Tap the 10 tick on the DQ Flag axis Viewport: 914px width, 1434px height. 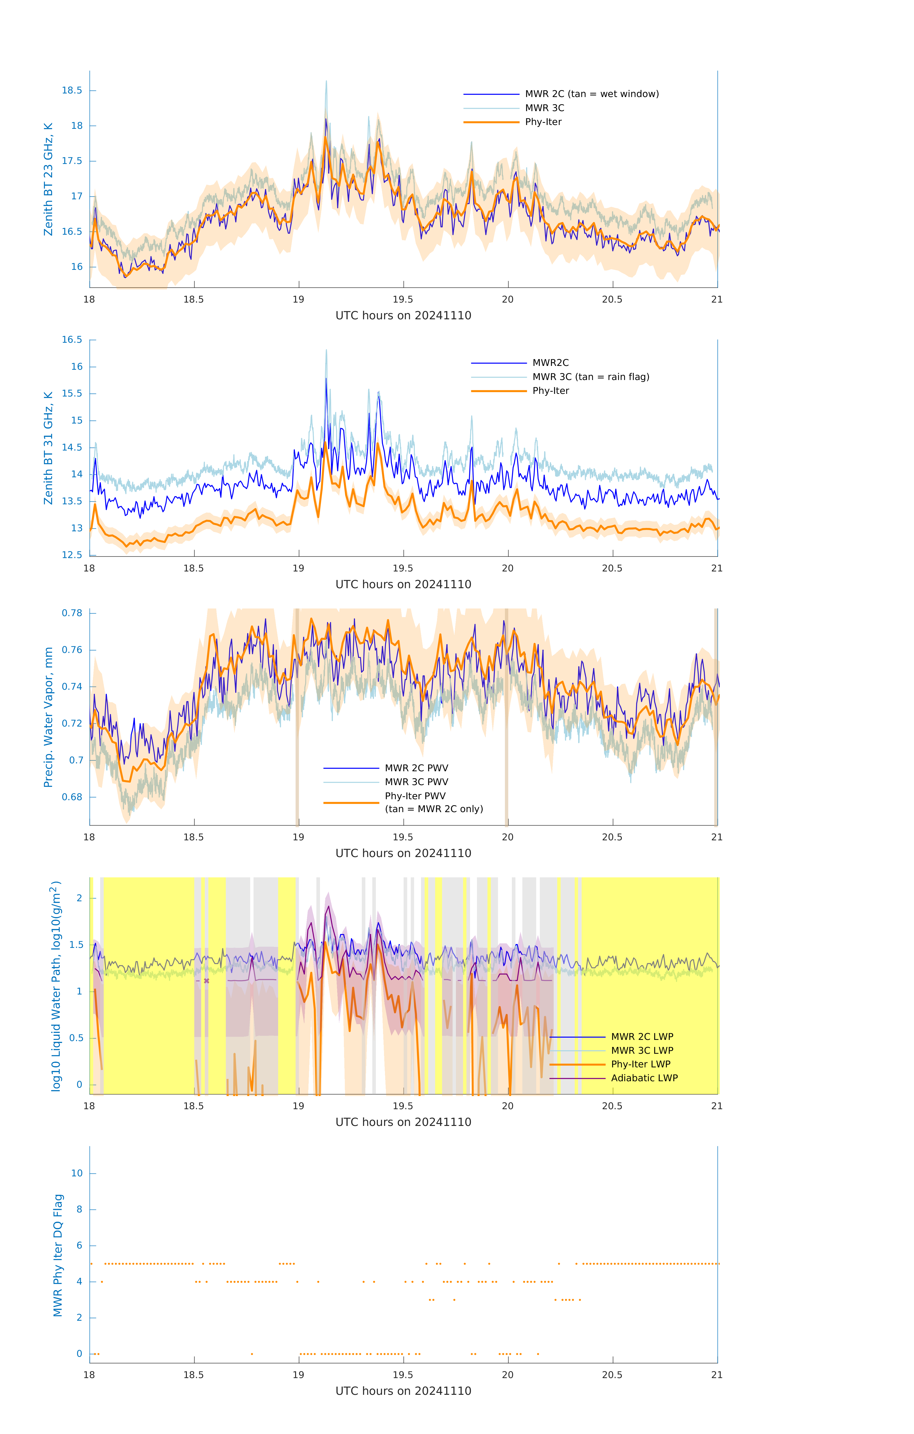[77, 1173]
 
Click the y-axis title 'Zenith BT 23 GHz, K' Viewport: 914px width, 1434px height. [48, 179]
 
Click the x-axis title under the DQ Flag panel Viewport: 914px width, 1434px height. [403, 1391]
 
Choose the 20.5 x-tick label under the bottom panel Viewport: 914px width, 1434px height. [612, 1375]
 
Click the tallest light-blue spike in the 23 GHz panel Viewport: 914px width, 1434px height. [326, 81]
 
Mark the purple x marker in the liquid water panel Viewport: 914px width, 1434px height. [207, 981]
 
